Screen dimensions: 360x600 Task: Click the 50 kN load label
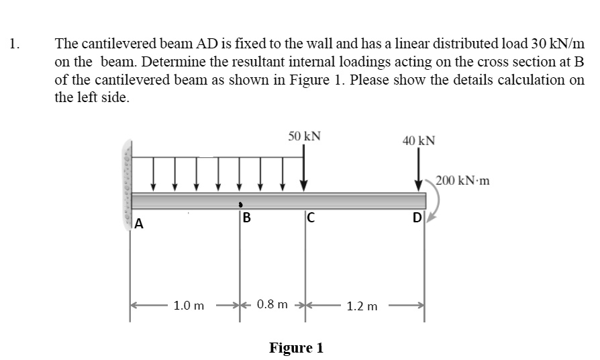(x=304, y=136)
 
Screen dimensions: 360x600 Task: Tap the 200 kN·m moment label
(x=462, y=181)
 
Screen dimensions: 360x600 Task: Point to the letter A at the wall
(x=139, y=224)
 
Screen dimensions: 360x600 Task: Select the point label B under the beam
(x=246, y=218)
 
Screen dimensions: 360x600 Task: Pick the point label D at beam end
(x=417, y=218)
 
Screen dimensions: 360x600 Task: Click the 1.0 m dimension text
(x=189, y=306)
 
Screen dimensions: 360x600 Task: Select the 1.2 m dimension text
(x=363, y=306)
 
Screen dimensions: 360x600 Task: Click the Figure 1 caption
(x=296, y=348)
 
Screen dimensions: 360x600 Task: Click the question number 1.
(x=14, y=45)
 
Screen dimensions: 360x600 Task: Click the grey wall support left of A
(x=126, y=181)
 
